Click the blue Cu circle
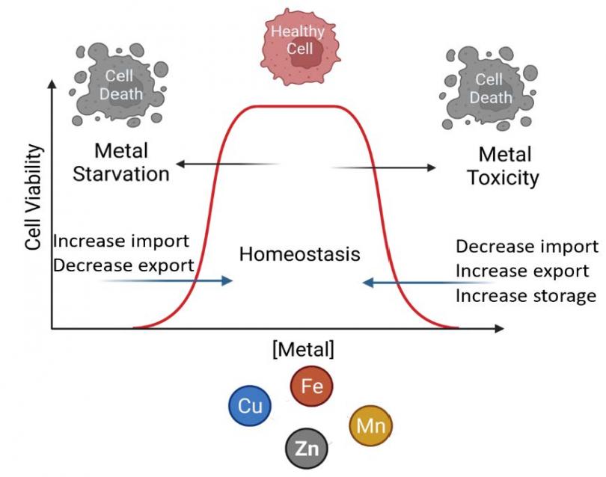coord(249,405)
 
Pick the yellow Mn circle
coord(370,427)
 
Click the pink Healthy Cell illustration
coord(298,41)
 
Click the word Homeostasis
coord(299,254)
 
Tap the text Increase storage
coord(525,296)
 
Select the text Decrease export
coord(123,264)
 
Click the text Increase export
coord(521,271)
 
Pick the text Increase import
coord(121,243)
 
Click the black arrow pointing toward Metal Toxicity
coord(382,167)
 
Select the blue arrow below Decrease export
coord(168,281)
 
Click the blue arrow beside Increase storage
coord(426,283)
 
